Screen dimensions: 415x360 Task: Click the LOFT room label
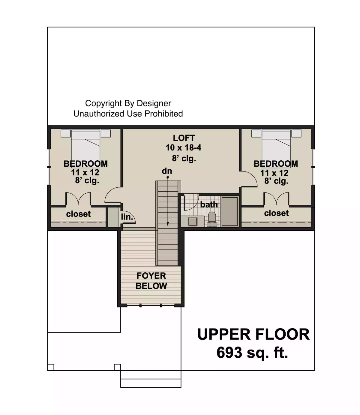[x=184, y=138]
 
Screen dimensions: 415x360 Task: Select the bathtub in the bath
[x=230, y=211]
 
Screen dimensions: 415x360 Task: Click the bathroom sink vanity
[x=192, y=221]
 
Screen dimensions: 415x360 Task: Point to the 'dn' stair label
[x=167, y=171]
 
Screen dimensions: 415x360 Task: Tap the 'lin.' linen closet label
[x=127, y=217]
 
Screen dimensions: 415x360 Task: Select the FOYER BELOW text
[x=151, y=281]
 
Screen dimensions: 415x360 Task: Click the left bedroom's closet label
[x=78, y=214]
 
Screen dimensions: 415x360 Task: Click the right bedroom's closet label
[x=276, y=213]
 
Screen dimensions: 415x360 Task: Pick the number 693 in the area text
[x=229, y=353]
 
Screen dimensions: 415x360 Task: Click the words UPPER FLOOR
[x=253, y=334]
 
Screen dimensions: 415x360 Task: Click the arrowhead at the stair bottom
[x=168, y=224]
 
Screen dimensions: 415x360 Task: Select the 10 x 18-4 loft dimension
[x=184, y=148]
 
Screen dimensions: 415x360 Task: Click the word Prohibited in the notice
[x=163, y=114]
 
